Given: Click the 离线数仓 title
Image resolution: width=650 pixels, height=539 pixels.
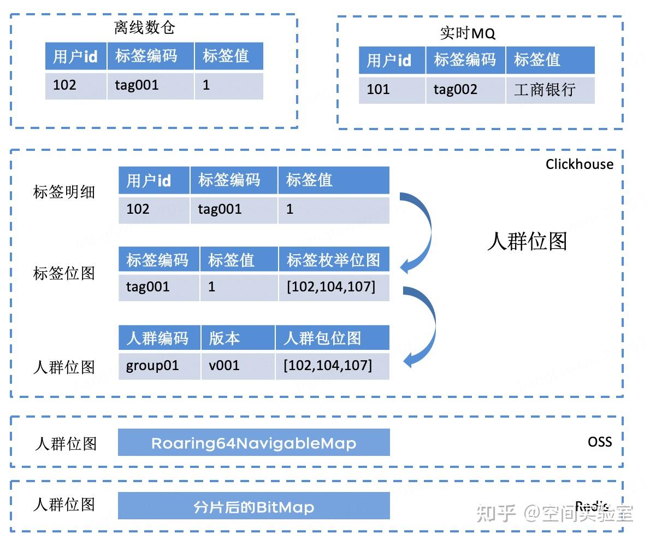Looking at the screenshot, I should click(145, 27).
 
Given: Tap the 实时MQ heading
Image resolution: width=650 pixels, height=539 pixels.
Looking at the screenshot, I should click(468, 33).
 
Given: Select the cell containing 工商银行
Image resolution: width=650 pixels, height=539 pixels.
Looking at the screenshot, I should click(549, 90).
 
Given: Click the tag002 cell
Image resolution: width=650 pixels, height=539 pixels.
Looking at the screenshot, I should click(465, 90).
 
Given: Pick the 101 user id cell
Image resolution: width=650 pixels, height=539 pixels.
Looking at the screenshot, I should click(392, 90).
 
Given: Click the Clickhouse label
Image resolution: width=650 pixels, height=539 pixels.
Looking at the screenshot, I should click(579, 164).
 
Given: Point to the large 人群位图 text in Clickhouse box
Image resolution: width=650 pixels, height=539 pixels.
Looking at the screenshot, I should click(527, 241).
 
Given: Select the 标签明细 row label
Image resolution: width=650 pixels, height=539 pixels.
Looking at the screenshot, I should click(64, 192).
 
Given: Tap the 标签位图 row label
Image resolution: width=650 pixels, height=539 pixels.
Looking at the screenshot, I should click(64, 273).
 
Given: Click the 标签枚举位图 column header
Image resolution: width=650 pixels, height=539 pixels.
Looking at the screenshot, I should click(334, 260).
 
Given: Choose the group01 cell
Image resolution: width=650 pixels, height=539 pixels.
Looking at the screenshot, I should click(159, 366).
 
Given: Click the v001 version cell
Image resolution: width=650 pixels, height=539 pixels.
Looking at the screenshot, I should click(237, 366).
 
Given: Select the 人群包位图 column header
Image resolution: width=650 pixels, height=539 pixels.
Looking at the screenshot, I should click(332, 338).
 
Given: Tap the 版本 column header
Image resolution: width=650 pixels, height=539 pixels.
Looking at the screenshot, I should click(237, 338).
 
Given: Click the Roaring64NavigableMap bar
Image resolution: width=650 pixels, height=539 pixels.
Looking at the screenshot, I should click(253, 443).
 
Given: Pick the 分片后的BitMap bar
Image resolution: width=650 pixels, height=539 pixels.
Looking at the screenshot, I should click(253, 507).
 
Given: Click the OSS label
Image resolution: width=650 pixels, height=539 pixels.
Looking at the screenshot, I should click(600, 442).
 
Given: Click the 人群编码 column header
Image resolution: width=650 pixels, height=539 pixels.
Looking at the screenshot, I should click(159, 338).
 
